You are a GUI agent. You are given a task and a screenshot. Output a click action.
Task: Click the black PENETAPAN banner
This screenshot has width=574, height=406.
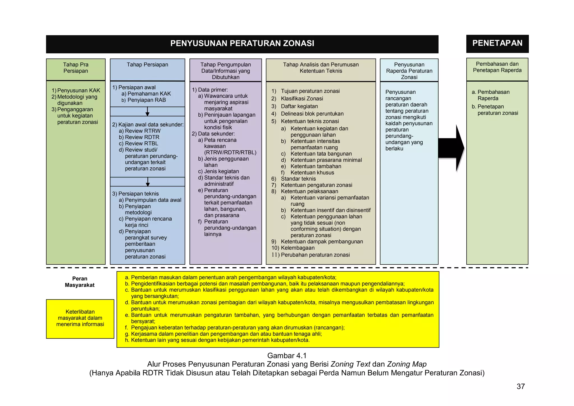click(x=497, y=43)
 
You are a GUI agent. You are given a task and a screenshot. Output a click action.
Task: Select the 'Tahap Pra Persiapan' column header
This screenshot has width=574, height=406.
click(x=76, y=68)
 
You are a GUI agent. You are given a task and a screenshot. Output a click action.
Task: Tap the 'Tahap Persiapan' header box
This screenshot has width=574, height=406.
click(x=147, y=65)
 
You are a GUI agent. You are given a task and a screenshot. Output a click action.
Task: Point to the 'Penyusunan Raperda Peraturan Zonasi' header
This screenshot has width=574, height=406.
click(x=409, y=71)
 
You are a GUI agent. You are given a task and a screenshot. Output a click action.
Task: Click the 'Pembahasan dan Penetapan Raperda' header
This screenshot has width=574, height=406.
click(x=497, y=67)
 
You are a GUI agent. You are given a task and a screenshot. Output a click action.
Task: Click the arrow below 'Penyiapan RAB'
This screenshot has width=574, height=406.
click(x=147, y=112)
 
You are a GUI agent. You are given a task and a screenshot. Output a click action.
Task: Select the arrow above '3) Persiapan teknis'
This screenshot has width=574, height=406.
click(x=148, y=182)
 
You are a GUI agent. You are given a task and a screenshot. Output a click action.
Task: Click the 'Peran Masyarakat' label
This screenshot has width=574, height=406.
click(x=80, y=282)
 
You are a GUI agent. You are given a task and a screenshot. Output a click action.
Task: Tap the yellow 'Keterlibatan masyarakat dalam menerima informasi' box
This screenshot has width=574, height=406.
click(x=80, y=318)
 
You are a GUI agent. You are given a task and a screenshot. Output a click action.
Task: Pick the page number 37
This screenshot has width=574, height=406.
click(x=520, y=386)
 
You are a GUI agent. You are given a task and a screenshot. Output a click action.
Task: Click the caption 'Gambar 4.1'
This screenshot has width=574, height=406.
click(x=287, y=356)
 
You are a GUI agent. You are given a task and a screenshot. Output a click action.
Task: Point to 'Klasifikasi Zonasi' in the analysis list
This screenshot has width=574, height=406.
click(x=302, y=99)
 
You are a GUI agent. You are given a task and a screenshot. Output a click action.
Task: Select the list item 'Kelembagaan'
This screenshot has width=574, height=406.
click(x=298, y=248)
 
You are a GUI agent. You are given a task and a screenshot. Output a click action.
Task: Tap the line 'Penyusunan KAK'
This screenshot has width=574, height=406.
click(x=78, y=91)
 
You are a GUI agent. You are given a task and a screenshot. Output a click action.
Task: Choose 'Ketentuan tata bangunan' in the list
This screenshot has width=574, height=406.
click(x=321, y=154)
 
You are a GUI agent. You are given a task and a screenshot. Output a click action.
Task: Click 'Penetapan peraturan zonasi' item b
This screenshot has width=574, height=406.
click(x=497, y=110)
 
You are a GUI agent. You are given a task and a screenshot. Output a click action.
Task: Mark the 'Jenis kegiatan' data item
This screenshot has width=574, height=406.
click(x=221, y=171)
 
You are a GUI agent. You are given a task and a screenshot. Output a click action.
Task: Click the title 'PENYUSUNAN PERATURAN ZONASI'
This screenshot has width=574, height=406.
click(x=242, y=43)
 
